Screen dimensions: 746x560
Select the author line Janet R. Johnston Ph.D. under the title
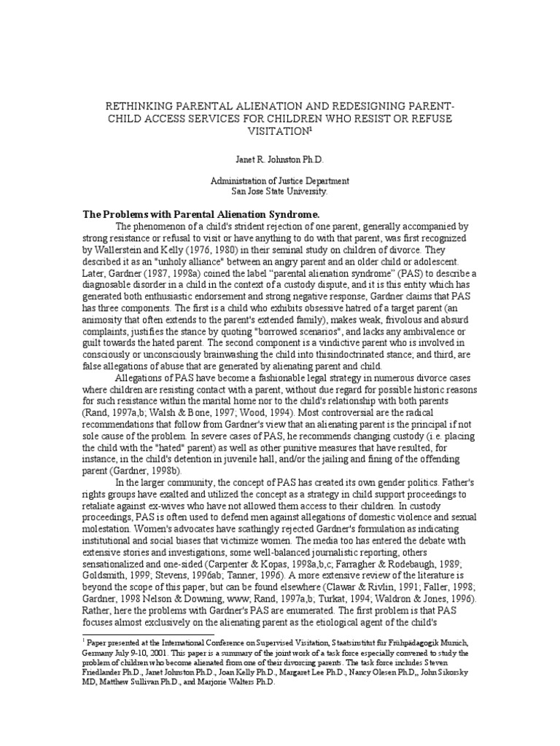tap(279, 159)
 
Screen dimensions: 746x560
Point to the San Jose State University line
tap(279, 192)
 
